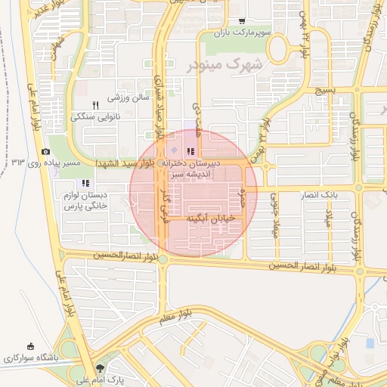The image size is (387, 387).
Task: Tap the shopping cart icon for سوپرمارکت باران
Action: [x=241, y=21]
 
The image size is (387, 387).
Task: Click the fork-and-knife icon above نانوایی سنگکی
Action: [x=95, y=105]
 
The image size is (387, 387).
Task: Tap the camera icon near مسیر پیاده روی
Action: [x=45, y=152]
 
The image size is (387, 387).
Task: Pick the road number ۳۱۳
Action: [x=18, y=162]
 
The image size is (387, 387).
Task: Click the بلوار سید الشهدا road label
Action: [x=123, y=163]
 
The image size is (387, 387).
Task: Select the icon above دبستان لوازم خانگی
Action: [x=85, y=183]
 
